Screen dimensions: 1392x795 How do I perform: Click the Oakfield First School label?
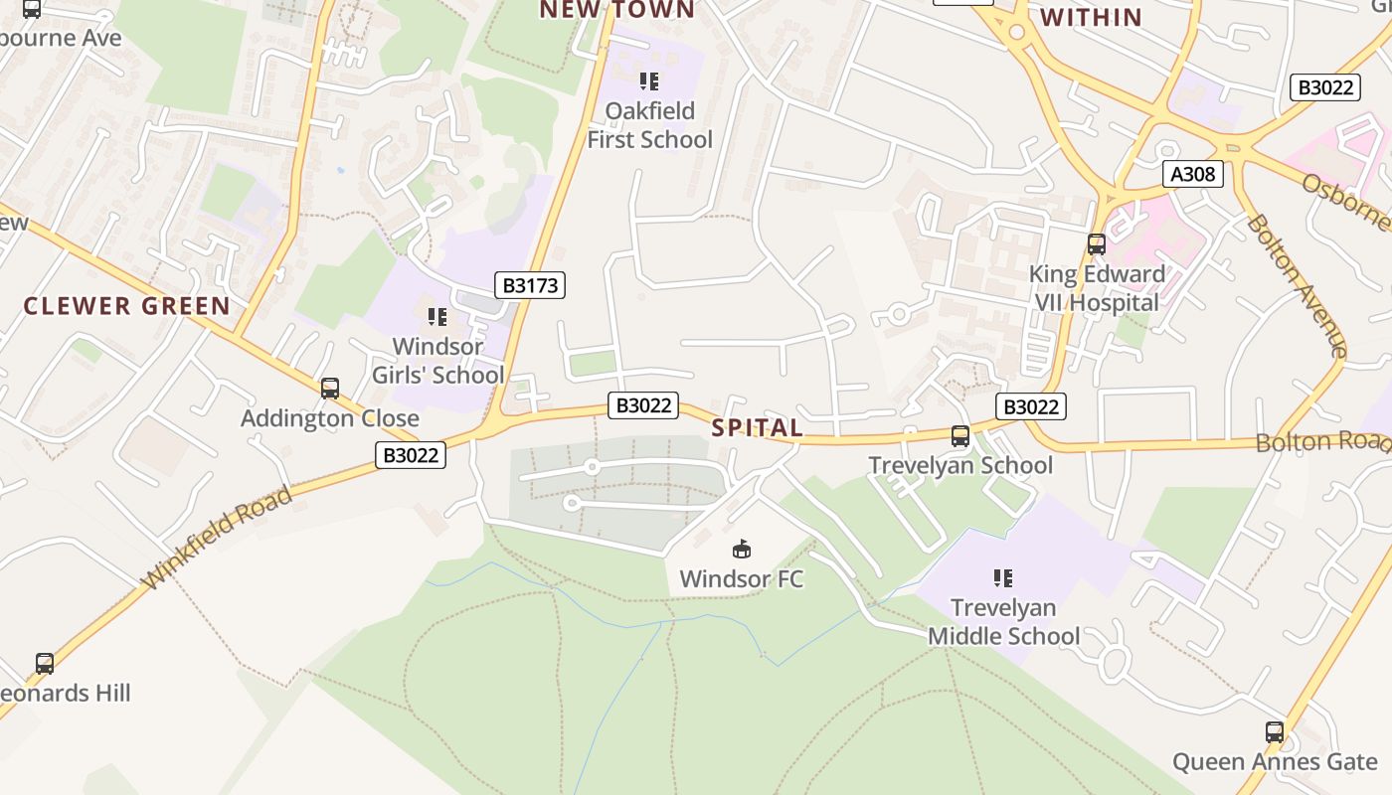pos(649,125)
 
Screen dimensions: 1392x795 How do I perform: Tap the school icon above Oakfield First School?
pos(649,81)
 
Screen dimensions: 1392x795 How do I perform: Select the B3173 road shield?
pos(530,285)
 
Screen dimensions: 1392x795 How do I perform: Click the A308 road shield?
pos(1192,175)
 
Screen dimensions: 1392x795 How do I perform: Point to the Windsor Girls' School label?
pos(438,361)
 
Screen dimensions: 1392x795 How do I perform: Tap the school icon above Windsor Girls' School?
pos(437,317)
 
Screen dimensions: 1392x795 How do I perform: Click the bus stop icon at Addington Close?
pos(330,389)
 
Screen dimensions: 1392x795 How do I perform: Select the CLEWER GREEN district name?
pos(127,306)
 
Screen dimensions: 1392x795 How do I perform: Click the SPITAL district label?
pos(758,428)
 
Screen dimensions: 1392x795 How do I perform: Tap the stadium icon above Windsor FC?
pos(741,549)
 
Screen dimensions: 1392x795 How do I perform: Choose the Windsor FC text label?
pos(741,578)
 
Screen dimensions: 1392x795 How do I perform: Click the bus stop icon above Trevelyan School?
pos(960,435)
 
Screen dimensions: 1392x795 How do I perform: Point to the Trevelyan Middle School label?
pos(1003,621)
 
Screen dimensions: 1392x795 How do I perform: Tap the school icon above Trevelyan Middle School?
pos(1003,577)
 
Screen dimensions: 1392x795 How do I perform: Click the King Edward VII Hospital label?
pos(1097,288)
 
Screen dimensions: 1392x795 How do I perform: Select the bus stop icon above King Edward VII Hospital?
pos(1097,243)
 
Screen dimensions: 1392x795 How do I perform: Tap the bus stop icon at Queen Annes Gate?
pos(1275,732)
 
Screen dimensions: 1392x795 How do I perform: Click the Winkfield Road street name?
pos(219,538)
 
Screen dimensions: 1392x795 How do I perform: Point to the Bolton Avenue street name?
pos(1297,285)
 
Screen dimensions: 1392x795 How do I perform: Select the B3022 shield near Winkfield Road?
pos(411,455)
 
